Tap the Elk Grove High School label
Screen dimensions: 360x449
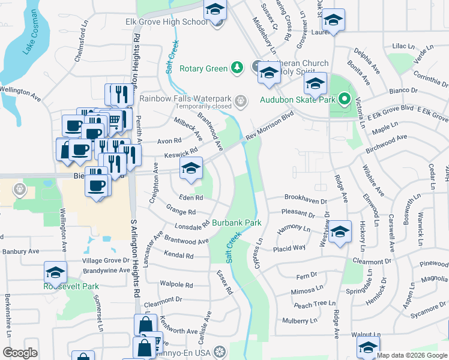[166, 22]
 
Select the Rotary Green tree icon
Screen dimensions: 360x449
[238, 67]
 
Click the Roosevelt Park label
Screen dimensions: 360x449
[71, 287]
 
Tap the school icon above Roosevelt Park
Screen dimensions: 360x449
[55, 272]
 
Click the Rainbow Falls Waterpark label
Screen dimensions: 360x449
[186, 98]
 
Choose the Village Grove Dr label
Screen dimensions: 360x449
[106, 261]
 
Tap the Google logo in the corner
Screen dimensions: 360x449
[20, 352]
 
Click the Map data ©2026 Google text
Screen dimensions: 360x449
[412, 355]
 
